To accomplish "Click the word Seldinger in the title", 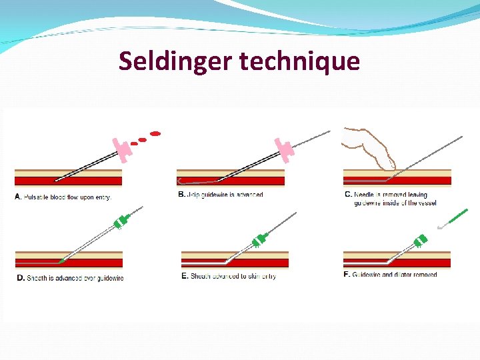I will tap(175, 61).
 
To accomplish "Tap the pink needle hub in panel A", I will tap(121, 151).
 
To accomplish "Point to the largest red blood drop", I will tap(155, 134).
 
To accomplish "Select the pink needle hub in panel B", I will tap(284, 149).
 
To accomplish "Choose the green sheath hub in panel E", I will tap(260, 238).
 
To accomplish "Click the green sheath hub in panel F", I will tap(421, 241).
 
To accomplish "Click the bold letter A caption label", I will tap(18, 197).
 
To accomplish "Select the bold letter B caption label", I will tap(181, 195).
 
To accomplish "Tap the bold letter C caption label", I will tap(348, 195).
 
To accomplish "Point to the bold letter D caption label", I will tap(20, 278).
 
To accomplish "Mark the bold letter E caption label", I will tap(185, 276).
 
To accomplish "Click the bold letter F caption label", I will tap(346, 275).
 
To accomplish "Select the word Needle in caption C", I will tap(364, 195).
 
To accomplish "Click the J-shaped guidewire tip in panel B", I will tap(181, 181).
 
